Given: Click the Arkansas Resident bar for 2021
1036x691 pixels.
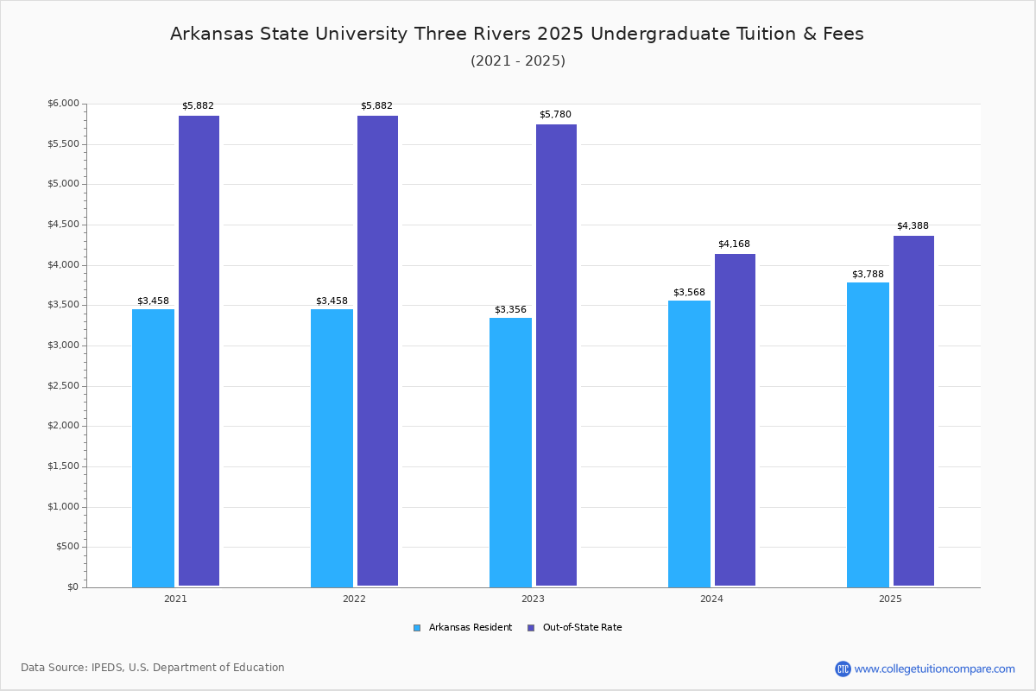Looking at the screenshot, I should tap(153, 447).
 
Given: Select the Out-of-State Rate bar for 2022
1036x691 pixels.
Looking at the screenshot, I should tap(377, 351).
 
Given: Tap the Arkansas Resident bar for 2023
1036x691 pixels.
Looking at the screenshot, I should tap(510, 452).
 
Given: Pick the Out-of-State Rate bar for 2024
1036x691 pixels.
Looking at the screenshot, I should tap(735, 420).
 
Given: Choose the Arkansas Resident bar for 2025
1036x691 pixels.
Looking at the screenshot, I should tap(868, 434).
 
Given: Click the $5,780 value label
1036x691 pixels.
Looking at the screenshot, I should tap(555, 115).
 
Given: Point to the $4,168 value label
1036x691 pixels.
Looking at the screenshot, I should tap(734, 244).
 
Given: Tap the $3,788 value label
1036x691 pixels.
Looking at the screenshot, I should tap(868, 275).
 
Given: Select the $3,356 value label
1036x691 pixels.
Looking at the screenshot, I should tap(510, 310).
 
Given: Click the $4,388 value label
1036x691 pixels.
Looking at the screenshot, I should tap(913, 226).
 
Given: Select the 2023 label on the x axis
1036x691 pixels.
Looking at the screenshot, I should tap(533, 599).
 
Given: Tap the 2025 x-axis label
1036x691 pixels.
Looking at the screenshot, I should tap(890, 599).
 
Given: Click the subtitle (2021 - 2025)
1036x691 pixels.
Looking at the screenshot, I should tap(518, 61).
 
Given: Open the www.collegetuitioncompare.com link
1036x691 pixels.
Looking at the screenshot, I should tap(934, 669).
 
